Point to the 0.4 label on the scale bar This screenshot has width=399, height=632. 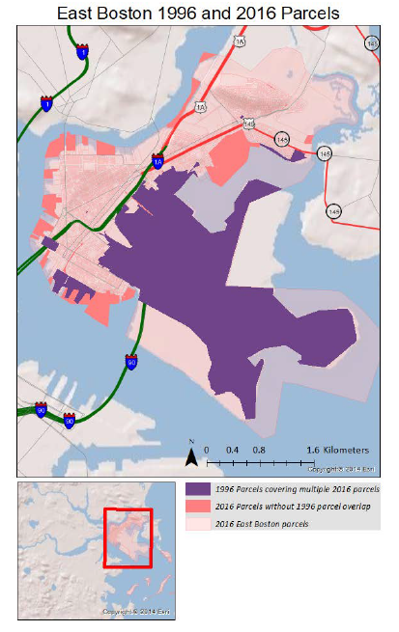point(232,451)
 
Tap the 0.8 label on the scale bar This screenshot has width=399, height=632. point(259,451)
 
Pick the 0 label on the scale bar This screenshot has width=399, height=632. point(205,451)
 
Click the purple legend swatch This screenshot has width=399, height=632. point(198,489)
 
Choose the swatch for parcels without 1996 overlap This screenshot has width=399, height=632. point(198,508)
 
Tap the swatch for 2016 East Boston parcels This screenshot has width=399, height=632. point(198,525)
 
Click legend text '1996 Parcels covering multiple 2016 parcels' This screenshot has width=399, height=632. point(298,489)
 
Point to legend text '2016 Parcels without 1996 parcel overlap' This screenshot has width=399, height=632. point(294,508)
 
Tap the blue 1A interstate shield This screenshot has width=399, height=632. point(157,161)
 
